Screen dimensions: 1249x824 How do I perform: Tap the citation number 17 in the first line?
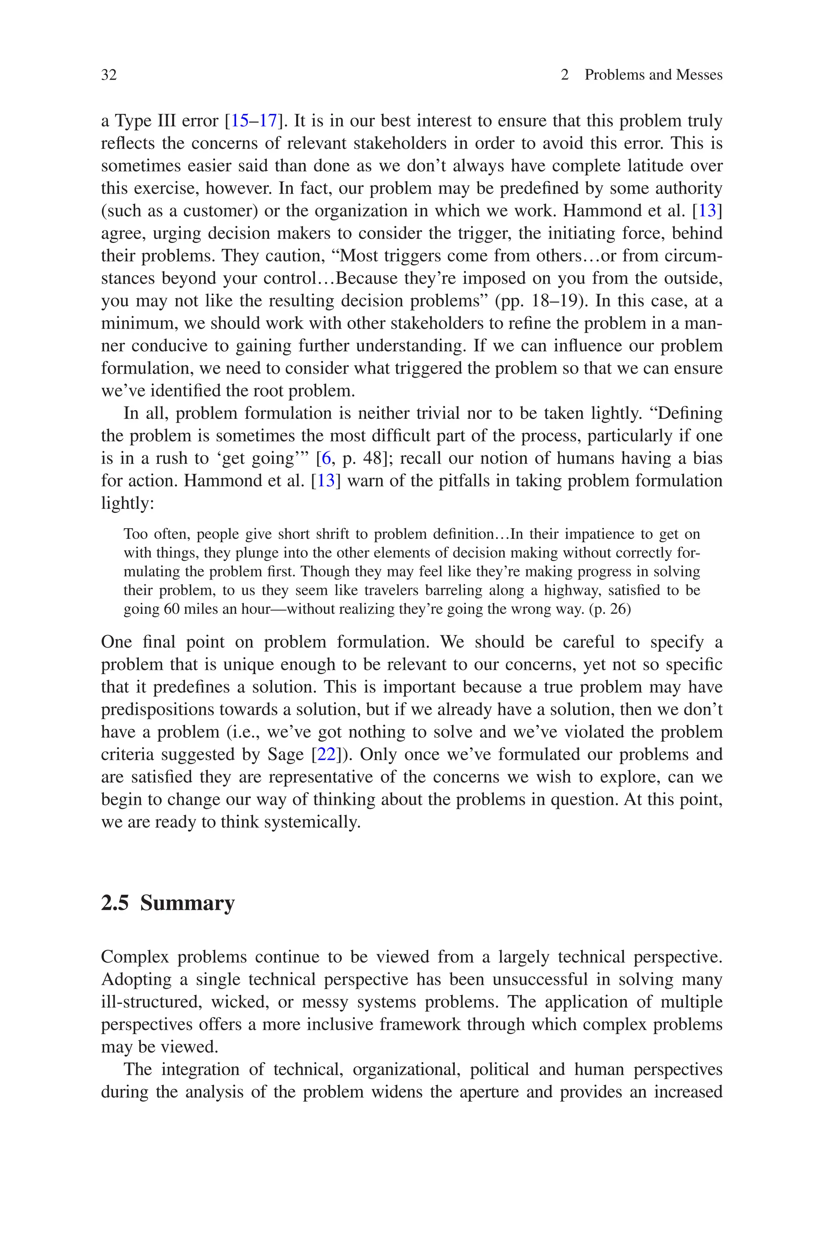coord(268,121)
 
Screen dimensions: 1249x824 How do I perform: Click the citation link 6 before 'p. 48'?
coord(326,458)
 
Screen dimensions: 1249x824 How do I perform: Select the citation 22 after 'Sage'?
coord(326,754)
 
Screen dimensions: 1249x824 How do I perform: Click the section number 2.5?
coord(115,902)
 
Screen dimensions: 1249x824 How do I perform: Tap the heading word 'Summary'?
coord(187,902)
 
